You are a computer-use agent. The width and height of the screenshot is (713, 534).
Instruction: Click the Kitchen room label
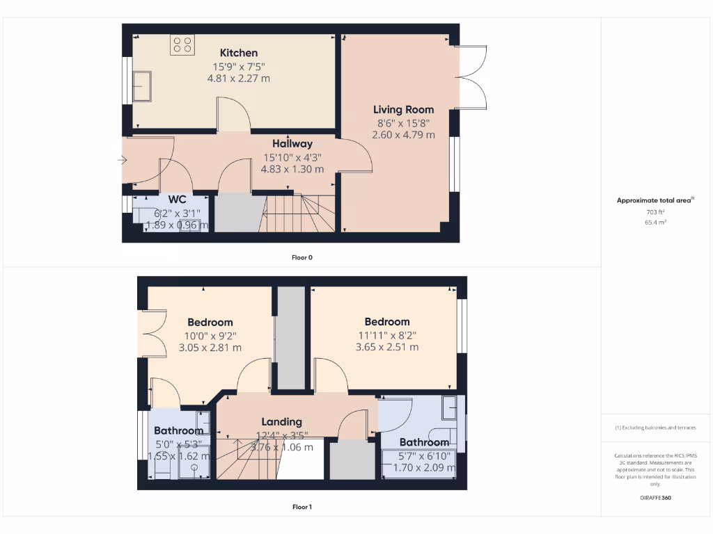tap(239, 53)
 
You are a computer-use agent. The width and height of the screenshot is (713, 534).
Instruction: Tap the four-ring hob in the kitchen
tap(182, 45)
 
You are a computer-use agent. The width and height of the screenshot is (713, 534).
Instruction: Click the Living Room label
tap(403, 109)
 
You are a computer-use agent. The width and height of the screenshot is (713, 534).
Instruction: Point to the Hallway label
tap(292, 143)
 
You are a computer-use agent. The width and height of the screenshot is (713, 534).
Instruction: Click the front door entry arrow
tap(123, 161)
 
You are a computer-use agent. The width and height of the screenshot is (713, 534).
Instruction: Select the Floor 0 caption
tap(301, 257)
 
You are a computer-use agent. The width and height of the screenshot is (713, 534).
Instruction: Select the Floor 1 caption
tap(301, 507)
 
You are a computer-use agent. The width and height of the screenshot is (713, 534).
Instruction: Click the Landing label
tap(281, 421)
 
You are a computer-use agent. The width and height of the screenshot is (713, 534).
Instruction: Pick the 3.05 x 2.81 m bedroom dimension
tap(210, 348)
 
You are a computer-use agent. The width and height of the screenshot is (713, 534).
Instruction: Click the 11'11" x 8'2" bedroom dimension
tap(387, 334)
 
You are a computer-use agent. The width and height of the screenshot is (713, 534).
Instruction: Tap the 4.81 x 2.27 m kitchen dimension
tap(239, 79)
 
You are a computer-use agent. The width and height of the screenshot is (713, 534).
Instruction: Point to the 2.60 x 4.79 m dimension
tap(403, 135)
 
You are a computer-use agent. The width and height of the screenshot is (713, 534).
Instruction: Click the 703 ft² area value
tap(655, 212)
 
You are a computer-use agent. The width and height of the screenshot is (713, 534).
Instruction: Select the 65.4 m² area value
tap(655, 222)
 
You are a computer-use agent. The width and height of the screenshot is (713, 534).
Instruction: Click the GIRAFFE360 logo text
tap(655, 498)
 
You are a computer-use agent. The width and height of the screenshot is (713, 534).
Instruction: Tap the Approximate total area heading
tap(655, 200)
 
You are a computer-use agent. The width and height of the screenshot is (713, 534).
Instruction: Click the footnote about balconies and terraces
tap(655, 428)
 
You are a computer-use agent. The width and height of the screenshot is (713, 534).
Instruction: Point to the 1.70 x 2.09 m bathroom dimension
tap(424, 468)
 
